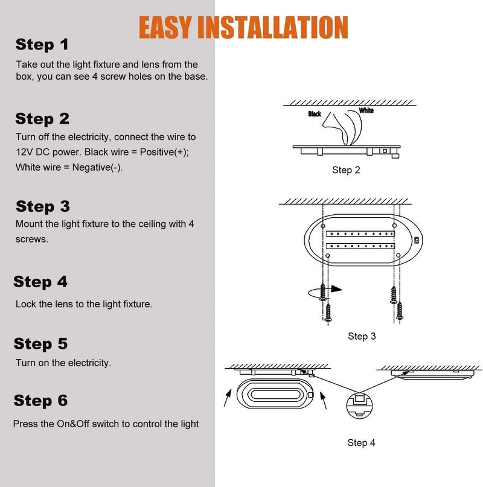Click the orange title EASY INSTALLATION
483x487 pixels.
(243, 27)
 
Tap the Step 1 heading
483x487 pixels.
(42, 44)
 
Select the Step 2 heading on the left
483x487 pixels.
(42, 118)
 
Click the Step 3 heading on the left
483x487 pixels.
(43, 206)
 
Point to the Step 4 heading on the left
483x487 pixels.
(40, 282)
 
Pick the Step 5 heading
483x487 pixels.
(40, 344)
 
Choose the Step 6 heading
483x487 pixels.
(40, 401)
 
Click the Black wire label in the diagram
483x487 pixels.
(315, 114)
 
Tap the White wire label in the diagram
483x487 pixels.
(366, 110)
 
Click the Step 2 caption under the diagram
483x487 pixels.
(346, 170)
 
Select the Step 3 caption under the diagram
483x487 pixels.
(362, 336)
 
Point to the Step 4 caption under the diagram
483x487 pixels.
(361, 443)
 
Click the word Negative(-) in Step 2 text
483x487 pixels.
(97, 167)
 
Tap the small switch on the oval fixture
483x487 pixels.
(416, 240)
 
